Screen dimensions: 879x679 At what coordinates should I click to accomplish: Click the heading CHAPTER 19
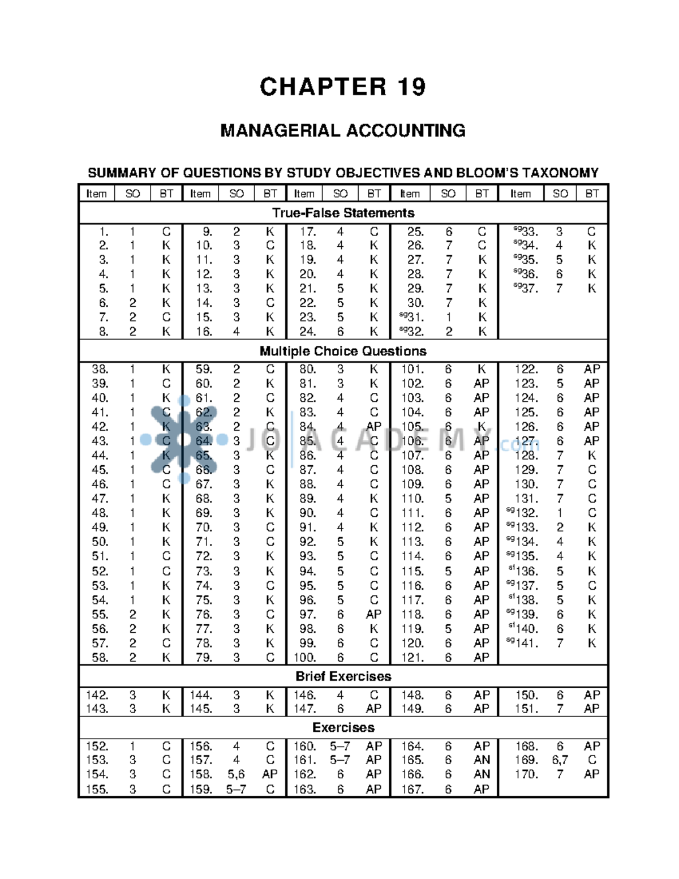342,87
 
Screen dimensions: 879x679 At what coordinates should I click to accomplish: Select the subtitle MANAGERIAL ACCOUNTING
342,131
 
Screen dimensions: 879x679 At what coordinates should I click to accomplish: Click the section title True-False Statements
343,213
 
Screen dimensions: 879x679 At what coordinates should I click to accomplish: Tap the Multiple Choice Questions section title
343,351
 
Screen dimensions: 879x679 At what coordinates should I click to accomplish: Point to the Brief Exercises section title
343,676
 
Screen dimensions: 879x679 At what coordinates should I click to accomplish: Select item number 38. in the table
100,369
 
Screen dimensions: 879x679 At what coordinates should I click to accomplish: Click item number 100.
304,658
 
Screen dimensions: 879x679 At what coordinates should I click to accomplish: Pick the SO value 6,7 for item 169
560,760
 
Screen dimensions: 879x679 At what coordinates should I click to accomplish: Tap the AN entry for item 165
482,760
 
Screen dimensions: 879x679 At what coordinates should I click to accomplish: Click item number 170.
526,774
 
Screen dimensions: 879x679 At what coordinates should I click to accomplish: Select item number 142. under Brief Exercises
97,695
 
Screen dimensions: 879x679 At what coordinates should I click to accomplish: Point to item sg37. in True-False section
526,289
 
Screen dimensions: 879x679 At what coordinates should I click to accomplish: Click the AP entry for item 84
373,426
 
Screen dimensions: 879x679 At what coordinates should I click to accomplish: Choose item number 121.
412,658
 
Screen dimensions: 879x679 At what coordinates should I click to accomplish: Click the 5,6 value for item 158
236,774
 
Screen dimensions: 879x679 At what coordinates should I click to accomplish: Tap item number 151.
526,709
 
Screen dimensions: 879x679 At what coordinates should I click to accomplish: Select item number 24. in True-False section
307,332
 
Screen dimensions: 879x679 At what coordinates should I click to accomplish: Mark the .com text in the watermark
519,445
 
